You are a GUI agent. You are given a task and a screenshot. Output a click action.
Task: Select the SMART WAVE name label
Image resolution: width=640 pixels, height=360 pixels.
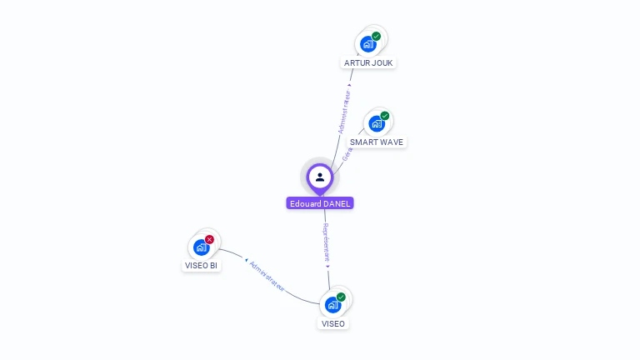[377, 142]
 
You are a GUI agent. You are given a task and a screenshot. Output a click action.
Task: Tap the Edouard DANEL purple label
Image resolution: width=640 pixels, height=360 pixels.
[320, 203]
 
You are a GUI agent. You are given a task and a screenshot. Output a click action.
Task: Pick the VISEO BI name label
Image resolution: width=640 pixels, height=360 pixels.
[201, 265]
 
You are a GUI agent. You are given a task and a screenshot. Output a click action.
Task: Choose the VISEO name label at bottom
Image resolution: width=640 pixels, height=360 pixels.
[332, 323]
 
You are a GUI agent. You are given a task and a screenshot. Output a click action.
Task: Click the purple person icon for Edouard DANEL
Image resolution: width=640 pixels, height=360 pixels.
[320, 177]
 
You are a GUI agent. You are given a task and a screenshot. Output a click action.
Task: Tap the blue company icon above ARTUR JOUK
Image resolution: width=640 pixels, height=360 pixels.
[368, 44]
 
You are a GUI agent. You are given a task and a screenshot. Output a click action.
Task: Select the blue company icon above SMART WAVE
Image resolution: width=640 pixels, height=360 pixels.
[377, 123]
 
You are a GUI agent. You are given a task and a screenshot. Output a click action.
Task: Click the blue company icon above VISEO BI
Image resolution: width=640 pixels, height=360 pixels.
[201, 247]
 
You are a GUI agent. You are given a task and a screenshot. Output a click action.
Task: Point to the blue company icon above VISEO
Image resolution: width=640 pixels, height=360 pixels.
[332, 304]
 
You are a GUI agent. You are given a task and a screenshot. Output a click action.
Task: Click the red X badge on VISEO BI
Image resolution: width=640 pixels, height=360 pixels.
[209, 239]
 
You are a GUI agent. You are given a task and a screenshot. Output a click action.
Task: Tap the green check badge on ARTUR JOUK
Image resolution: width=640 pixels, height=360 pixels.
[377, 37]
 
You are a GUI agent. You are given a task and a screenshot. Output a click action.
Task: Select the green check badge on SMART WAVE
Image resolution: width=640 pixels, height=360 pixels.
[385, 116]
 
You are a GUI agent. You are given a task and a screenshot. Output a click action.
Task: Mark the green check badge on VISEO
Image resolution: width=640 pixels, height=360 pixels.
[341, 297]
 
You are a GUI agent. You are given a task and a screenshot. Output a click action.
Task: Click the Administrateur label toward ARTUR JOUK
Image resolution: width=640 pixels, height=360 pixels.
[345, 112]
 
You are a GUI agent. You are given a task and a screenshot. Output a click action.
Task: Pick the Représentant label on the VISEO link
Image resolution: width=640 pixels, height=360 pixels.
[327, 242]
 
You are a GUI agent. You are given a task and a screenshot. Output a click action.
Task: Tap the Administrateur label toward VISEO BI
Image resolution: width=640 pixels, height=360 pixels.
[267, 277]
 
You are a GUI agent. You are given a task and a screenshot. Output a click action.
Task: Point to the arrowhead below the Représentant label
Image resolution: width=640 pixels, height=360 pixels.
[328, 267]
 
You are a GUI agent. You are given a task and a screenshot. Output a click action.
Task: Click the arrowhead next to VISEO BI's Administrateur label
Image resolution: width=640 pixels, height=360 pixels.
[247, 262]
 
